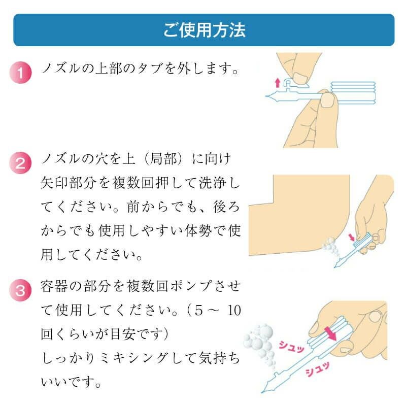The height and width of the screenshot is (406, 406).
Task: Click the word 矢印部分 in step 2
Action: (66, 184)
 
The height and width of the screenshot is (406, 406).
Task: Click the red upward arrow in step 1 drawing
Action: (277, 82)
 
